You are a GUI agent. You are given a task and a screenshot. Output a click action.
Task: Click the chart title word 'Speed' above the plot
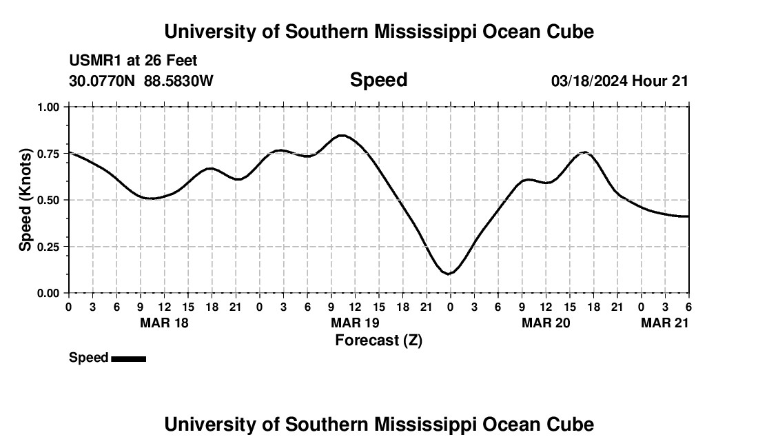click(x=378, y=80)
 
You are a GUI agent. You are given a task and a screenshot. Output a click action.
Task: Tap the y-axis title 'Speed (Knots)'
click(x=25, y=199)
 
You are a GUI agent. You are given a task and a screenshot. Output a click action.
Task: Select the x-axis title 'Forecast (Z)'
click(x=378, y=340)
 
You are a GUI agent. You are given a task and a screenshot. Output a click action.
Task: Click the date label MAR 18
click(x=164, y=323)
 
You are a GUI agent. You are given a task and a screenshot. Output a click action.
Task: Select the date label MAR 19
click(x=355, y=323)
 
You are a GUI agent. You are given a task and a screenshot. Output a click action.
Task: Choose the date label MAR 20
click(x=546, y=323)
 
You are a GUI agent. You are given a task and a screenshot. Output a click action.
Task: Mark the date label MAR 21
click(x=664, y=323)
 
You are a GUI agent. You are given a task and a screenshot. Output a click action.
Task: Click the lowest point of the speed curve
click(x=449, y=274)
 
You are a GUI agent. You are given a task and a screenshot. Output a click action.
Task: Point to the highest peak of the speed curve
click(x=342, y=135)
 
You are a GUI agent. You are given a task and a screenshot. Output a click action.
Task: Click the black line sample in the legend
click(x=128, y=358)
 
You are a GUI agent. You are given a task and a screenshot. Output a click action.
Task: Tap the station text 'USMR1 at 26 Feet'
click(x=133, y=61)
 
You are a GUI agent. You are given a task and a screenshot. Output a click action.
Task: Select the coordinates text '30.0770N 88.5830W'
click(x=141, y=81)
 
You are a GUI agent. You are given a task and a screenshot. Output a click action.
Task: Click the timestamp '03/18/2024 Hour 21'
click(x=619, y=81)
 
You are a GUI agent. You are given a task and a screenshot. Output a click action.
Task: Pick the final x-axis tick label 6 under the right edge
click(x=688, y=307)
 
